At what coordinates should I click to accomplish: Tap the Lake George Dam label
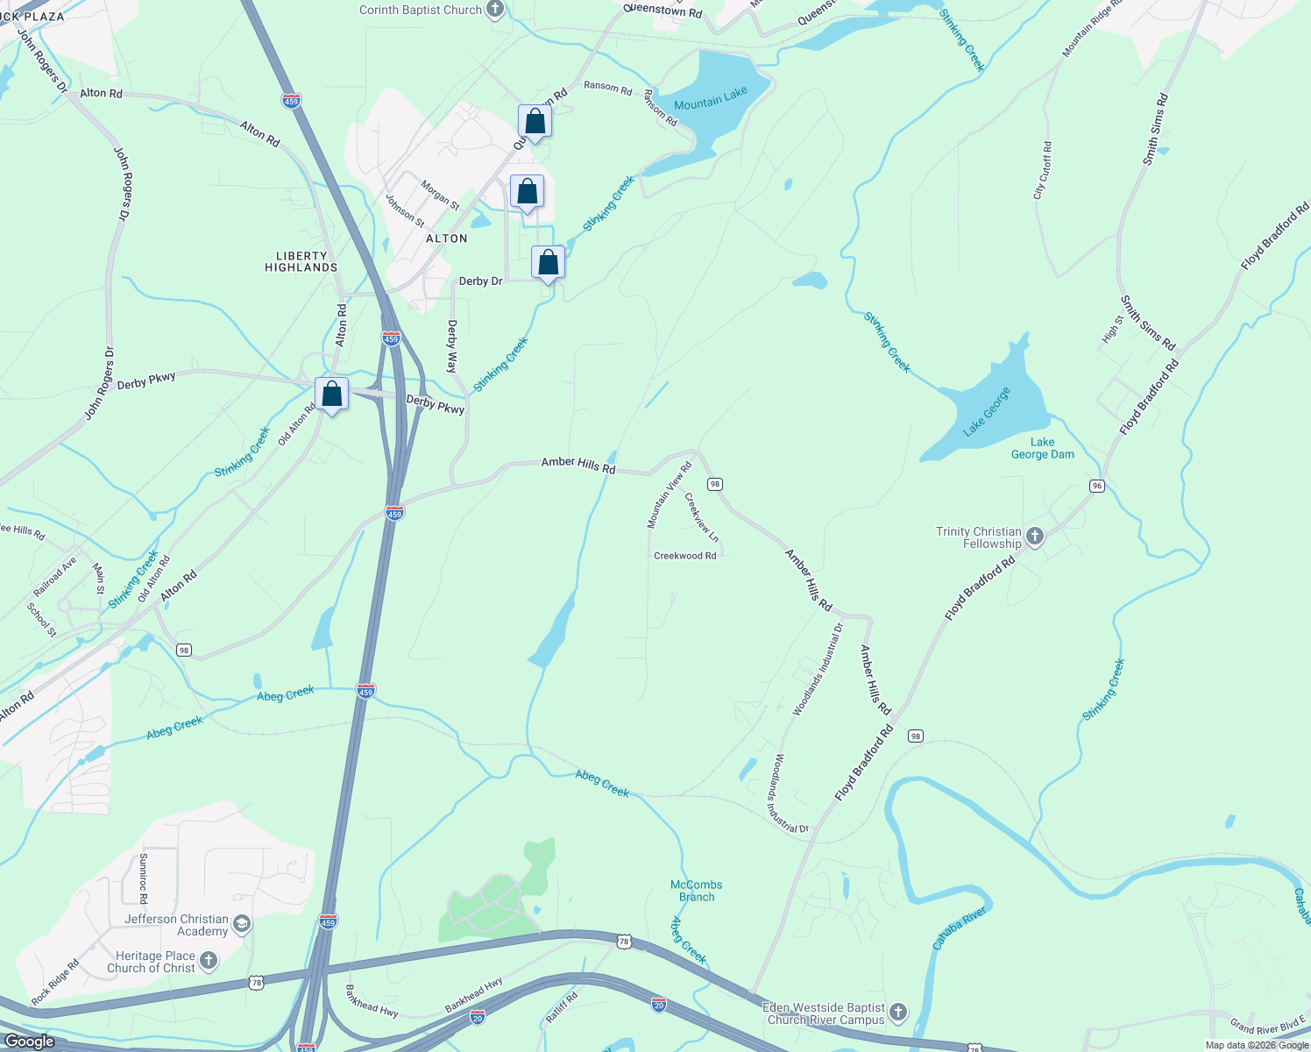click(x=1042, y=448)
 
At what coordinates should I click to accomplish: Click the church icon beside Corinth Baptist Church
click(x=495, y=11)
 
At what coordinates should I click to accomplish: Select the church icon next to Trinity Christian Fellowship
click(x=1035, y=537)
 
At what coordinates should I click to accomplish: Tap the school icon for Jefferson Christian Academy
click(x=243, y=924)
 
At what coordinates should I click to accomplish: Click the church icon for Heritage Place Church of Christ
click(x=209, y=961)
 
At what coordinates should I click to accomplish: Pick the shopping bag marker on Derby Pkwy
click(x=332, y=394)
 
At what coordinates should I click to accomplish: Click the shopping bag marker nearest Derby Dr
click(x=548, y=263)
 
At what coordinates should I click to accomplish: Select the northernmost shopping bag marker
click(x=535, y=122)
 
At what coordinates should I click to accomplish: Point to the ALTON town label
click(x=447, y=238)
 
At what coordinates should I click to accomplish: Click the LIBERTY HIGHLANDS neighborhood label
click(x=301, y=261)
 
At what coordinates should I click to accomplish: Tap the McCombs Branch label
click(x=697, y=891)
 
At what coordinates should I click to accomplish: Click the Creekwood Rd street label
click(x=685, y=556)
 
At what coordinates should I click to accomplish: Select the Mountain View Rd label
click(x=669, y=495)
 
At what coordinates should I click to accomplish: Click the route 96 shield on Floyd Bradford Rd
click(x=1097, y=486)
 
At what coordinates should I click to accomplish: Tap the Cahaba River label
click(x=960, y=928)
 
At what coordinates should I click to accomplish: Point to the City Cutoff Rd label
click(x=1043, y=171)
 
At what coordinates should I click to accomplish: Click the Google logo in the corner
click(x=29, y=1041)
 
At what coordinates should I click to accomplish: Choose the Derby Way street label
click(x=452, y=346)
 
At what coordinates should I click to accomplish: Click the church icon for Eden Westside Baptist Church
click(x=898, y=1013)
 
